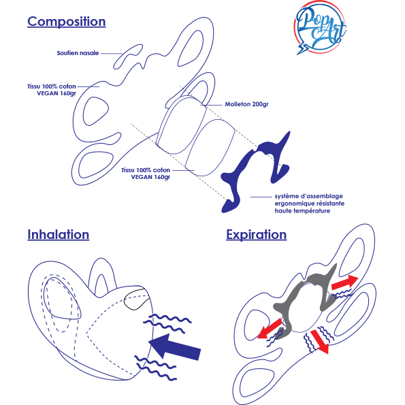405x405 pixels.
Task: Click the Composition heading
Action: pos(67,22)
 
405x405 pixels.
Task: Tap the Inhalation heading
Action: pos(59,235)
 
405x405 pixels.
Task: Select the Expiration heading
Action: pos(256,235)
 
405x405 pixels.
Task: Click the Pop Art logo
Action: pos(321,28)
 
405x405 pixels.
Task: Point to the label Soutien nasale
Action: pos(78,53)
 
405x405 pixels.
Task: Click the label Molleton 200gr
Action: pos(246,104)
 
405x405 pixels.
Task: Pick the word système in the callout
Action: pos(287,196)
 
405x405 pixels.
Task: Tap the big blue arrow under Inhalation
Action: pos(175,347)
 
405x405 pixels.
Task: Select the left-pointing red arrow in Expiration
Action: pos(270,329)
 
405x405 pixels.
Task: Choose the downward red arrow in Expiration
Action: pos(321,342)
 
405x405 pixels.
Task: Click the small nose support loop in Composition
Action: pos(128,56)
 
